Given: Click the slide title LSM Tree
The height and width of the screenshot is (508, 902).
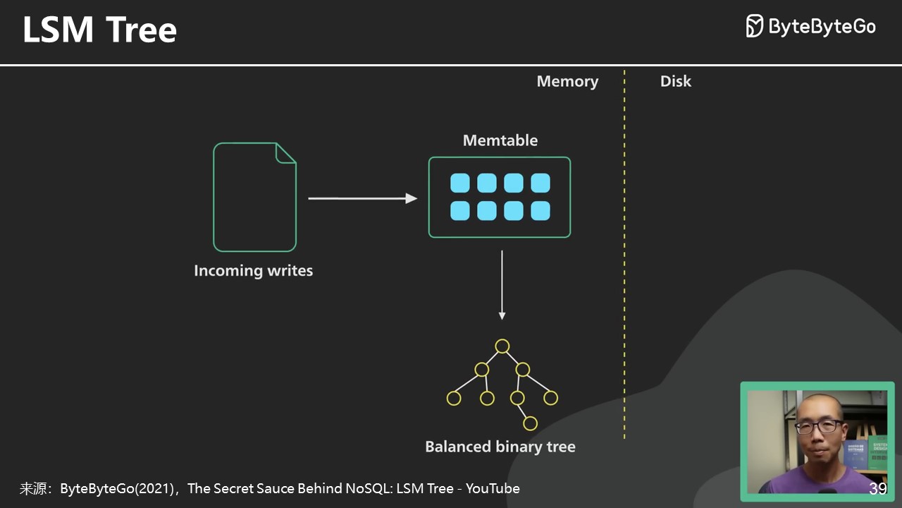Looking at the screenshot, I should point(99,30).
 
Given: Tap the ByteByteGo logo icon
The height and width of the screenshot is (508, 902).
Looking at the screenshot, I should point(754,26).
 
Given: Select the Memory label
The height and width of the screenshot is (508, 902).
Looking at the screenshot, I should point(567,81).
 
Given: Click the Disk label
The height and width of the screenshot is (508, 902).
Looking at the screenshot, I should point(675,81).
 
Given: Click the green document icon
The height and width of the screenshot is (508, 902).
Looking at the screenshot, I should point(254,197).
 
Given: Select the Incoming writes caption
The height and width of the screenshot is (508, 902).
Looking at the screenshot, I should point(253,271).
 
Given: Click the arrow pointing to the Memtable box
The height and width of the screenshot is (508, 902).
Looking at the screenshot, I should point(362,198).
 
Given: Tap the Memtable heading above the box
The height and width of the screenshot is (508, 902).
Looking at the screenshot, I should point(500,140).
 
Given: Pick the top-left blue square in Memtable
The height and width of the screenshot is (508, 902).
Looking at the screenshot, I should point(460,183).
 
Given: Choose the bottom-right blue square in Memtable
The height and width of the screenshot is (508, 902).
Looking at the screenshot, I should point(540,211).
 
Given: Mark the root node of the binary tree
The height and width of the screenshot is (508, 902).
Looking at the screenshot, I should point(502,346).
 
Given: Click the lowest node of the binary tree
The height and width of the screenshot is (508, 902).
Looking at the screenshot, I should point(530,423).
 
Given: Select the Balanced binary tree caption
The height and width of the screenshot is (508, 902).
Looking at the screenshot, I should point(500,447).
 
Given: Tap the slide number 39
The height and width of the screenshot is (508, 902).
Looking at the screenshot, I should point(877,489).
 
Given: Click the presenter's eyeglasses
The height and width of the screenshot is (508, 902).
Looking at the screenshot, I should point(818,427).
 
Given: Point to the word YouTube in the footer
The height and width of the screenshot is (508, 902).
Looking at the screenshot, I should point(493,488).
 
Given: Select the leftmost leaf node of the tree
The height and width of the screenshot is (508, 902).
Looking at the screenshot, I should point(454,399).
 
